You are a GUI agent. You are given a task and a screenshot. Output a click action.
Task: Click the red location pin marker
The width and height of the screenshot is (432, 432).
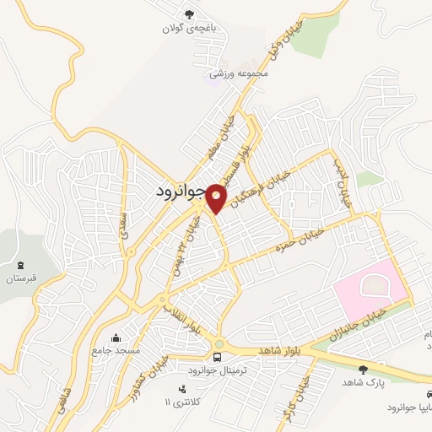[217, 197]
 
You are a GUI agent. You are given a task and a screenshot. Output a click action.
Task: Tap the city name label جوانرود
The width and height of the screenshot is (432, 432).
[181, 192]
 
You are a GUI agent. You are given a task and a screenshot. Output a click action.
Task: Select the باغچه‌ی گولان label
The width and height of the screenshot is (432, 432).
[190, 28]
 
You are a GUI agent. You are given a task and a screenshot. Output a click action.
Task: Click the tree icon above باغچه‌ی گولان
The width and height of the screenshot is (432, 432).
[190, 13]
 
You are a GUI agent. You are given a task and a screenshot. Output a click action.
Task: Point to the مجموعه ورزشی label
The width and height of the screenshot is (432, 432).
[240, 73]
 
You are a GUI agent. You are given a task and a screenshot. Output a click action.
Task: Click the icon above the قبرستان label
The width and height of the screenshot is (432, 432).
[22, 264]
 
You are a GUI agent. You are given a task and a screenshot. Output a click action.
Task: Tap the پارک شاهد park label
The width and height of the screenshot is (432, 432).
[364, 382]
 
